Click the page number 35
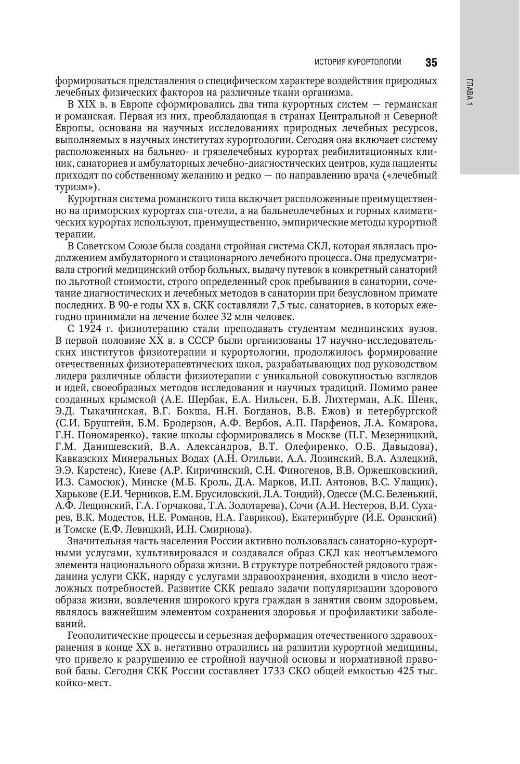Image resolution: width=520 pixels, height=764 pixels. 431,63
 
